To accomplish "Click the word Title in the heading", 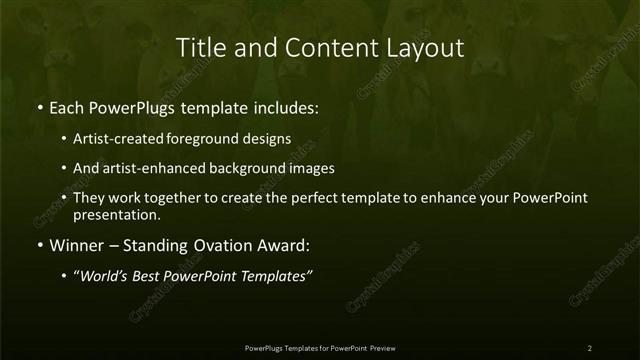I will point(198,47).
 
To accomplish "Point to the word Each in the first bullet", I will point(67,107).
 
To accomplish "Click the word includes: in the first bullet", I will point(283,107).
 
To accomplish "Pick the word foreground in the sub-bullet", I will point(218,139).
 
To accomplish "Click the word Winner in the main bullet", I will point(77,245).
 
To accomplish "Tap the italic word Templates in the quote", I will point(275,276).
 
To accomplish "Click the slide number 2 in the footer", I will point(589,347).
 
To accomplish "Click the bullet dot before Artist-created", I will point(64,140).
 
